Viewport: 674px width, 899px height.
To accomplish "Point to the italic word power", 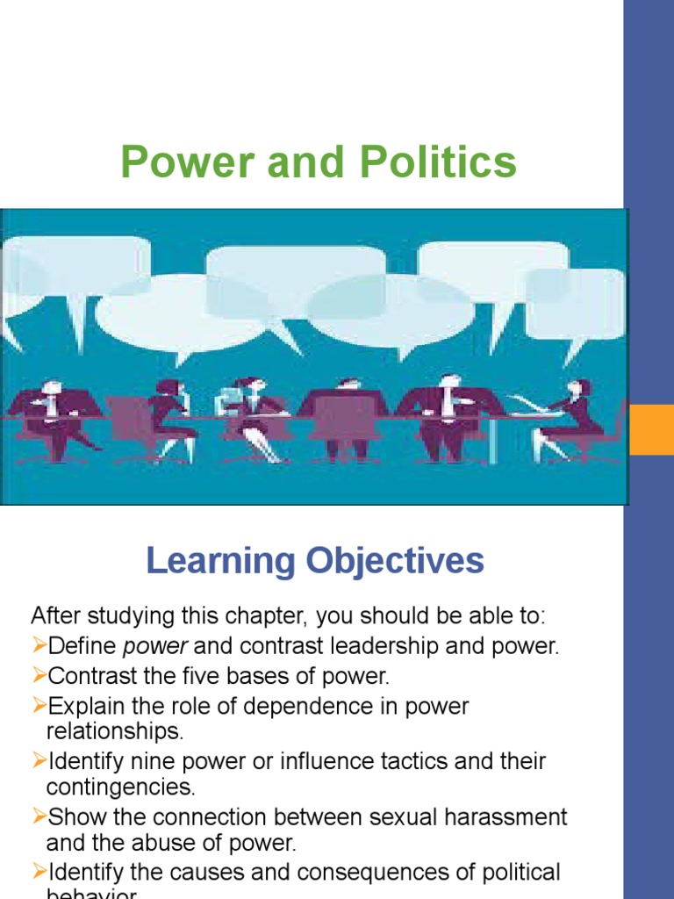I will [155, 647].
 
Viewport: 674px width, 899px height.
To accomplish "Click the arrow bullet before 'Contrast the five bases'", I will [39, 676].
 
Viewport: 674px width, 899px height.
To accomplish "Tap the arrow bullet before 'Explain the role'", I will [39, 706].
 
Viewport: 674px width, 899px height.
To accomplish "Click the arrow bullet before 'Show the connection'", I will [39, 816].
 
